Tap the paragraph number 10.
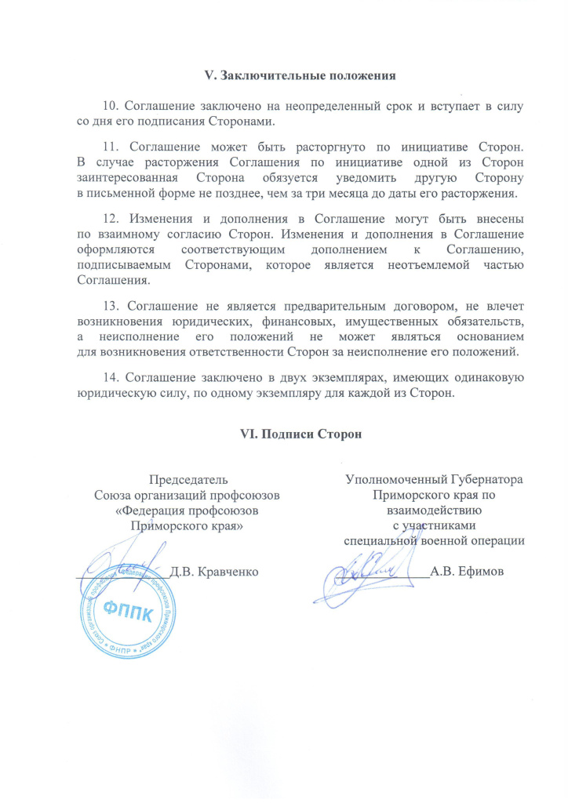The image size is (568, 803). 110,105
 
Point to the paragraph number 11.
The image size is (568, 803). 110,146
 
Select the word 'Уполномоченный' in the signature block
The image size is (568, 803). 397,479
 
